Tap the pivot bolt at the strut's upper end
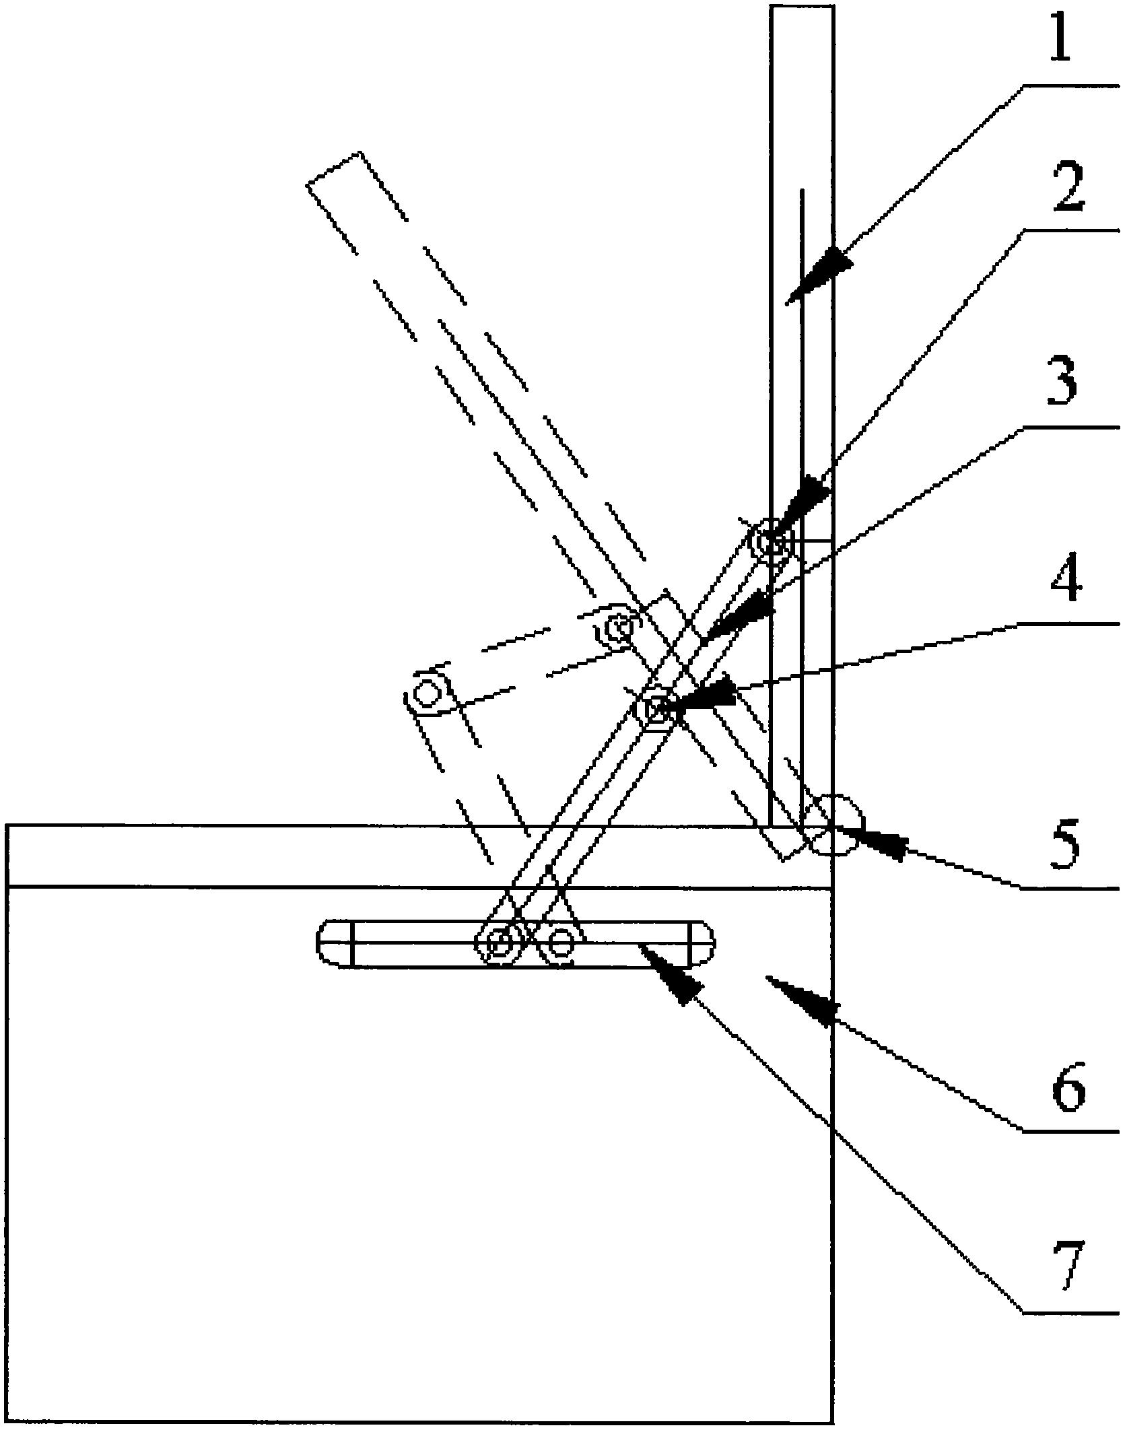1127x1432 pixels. [772, 541]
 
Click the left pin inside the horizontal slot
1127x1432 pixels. [500, 944]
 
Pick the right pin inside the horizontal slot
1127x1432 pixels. [559, 943]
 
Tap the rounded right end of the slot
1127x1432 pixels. [702, 943]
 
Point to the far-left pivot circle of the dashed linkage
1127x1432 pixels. [426, 692]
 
